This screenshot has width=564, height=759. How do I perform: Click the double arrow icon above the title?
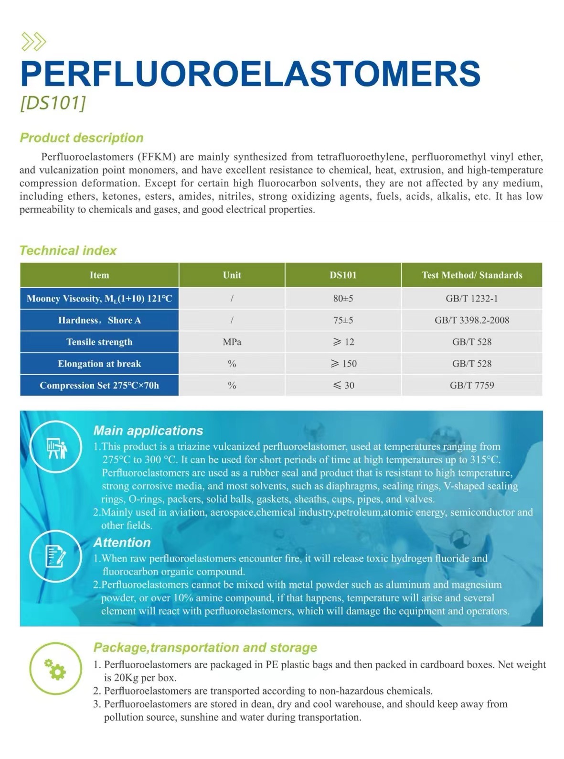[x=34, y=42]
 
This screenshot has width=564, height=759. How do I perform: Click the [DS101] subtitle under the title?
[x=53, y=103]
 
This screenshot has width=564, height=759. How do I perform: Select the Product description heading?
[x=82, y=138]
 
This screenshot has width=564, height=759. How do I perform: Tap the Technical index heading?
[x=68, y=250]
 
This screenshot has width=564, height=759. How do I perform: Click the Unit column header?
[x=232, y=275]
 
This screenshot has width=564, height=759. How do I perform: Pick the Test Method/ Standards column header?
[x=472, y=275]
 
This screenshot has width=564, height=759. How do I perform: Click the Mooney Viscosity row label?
[x=99, y=299]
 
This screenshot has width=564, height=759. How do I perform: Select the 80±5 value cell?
[x=343, y=299]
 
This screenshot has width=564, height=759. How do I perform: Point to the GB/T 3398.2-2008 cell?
[x=472, y=320]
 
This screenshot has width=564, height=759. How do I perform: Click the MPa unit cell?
[x=232, y=342]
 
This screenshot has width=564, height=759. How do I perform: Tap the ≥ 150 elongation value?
[x=343, y=364]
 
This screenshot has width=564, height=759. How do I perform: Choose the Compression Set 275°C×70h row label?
[x=99, y=385]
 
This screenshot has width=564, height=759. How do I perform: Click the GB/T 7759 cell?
[x=472, y=385]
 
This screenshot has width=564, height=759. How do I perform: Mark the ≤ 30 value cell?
[x=343, y=385]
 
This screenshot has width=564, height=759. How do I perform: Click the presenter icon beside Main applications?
[x=56, y=447]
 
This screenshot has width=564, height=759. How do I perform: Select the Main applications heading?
[x=148, y=431]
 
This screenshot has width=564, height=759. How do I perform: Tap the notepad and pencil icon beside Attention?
[x=55, y=556]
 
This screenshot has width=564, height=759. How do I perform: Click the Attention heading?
[x=122, y=542]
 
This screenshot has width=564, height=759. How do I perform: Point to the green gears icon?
[x=55, y=669]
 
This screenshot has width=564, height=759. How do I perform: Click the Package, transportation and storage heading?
[x=205, y=648]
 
